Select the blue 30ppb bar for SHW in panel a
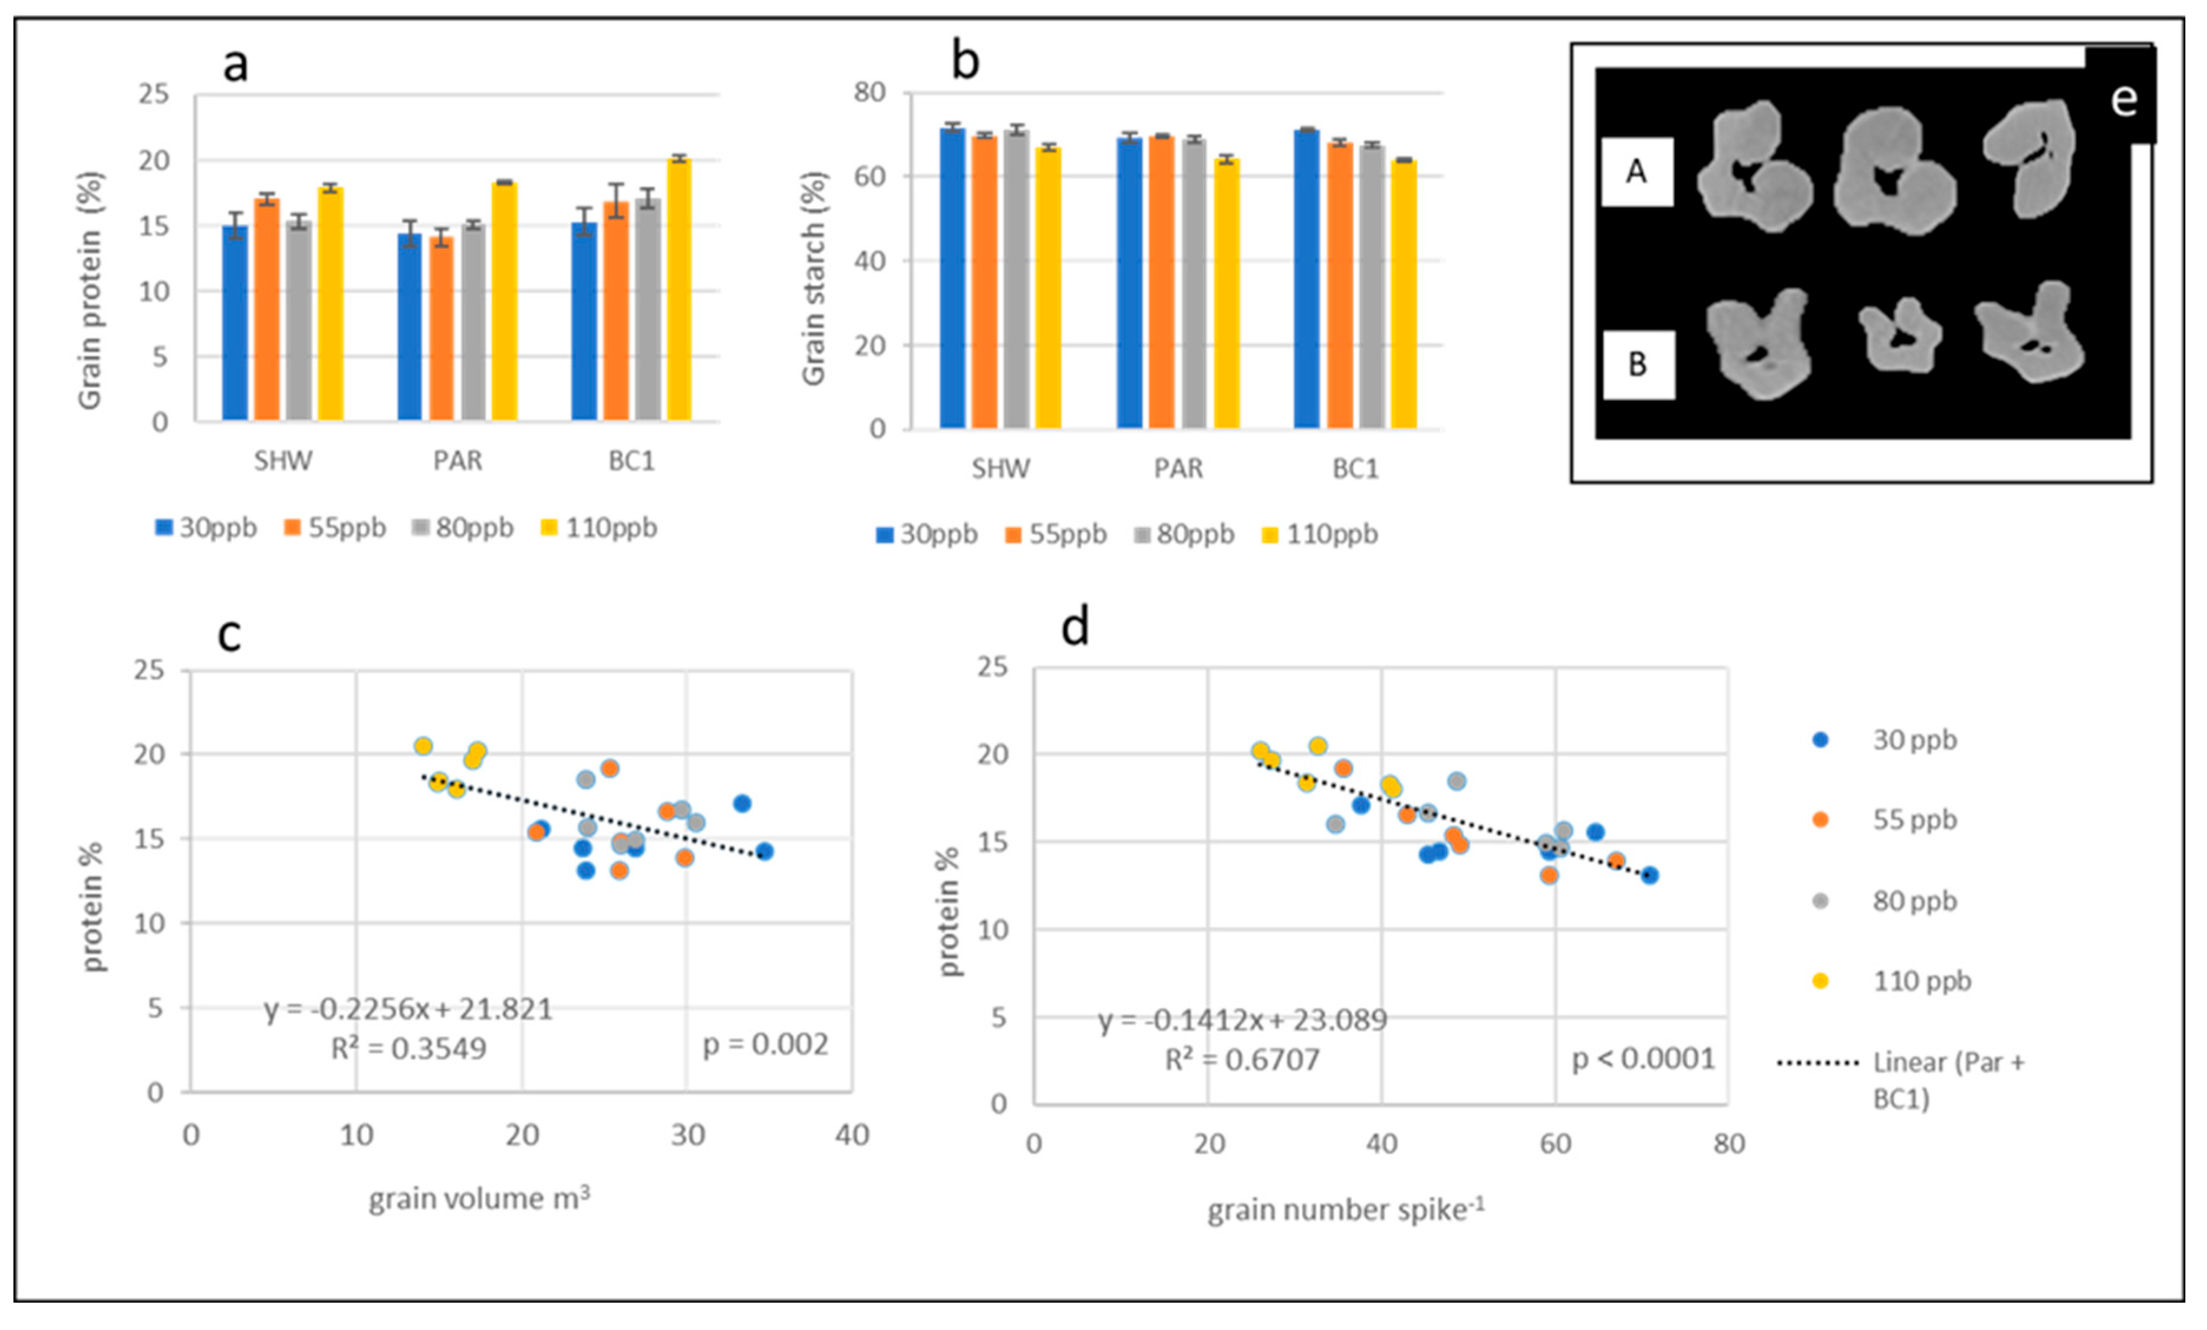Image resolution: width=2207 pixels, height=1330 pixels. point(235,324)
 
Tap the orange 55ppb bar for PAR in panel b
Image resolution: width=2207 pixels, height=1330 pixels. point(1162,283)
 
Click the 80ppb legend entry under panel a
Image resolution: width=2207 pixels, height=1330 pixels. point(463,528)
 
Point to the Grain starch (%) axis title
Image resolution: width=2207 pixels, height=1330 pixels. point(813,278)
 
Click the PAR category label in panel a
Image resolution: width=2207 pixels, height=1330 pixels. point(457,461)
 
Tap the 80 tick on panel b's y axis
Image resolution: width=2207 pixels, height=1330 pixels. point(869,92)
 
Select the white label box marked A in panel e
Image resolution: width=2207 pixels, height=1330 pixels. point(1636,171)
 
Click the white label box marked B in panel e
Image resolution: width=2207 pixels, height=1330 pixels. point(1638,364)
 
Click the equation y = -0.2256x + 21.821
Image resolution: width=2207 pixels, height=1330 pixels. point(409,1009)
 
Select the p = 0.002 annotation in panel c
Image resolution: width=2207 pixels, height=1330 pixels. point(765,1044)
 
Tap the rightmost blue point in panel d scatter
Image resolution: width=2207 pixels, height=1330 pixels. point(1649,875)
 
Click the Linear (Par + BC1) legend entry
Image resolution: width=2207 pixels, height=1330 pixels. point(1900,1079)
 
